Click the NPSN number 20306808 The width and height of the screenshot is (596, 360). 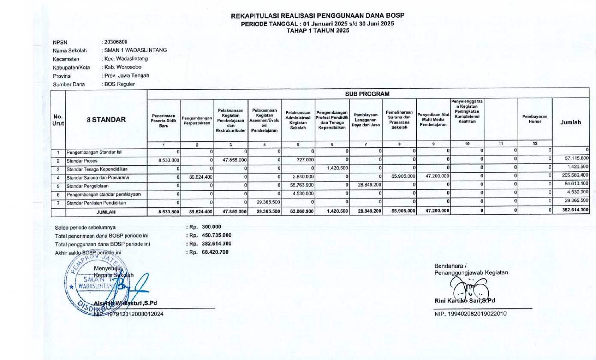[x=116, y=42]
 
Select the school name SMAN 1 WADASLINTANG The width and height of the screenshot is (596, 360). [x=135, y=50]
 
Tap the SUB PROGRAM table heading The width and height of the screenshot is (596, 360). [x=367, y=94]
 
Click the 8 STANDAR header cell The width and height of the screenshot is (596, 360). [x=106, y=120]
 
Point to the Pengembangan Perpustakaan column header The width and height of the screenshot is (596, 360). [x=197, y=120]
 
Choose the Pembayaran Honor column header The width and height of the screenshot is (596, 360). [x=535, y=119]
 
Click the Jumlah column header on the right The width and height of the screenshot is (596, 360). [x=570, y=122]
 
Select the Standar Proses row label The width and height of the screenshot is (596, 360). [x=82, y=161]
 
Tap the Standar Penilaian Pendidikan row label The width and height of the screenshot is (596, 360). [x=96, y=203]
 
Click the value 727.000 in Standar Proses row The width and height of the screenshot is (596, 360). [x=305, y=160]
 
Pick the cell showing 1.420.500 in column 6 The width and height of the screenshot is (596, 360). [x=337, y=168]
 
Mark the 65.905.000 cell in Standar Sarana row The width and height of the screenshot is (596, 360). [x=403, y=176]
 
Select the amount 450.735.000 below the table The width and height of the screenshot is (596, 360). [x=217, y=235]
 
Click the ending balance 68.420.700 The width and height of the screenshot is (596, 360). [x=215, y=252]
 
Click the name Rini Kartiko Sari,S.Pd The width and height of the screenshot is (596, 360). [x=465, y=301]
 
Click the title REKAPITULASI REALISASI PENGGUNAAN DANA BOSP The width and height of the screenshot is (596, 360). [x=317, y=16]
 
